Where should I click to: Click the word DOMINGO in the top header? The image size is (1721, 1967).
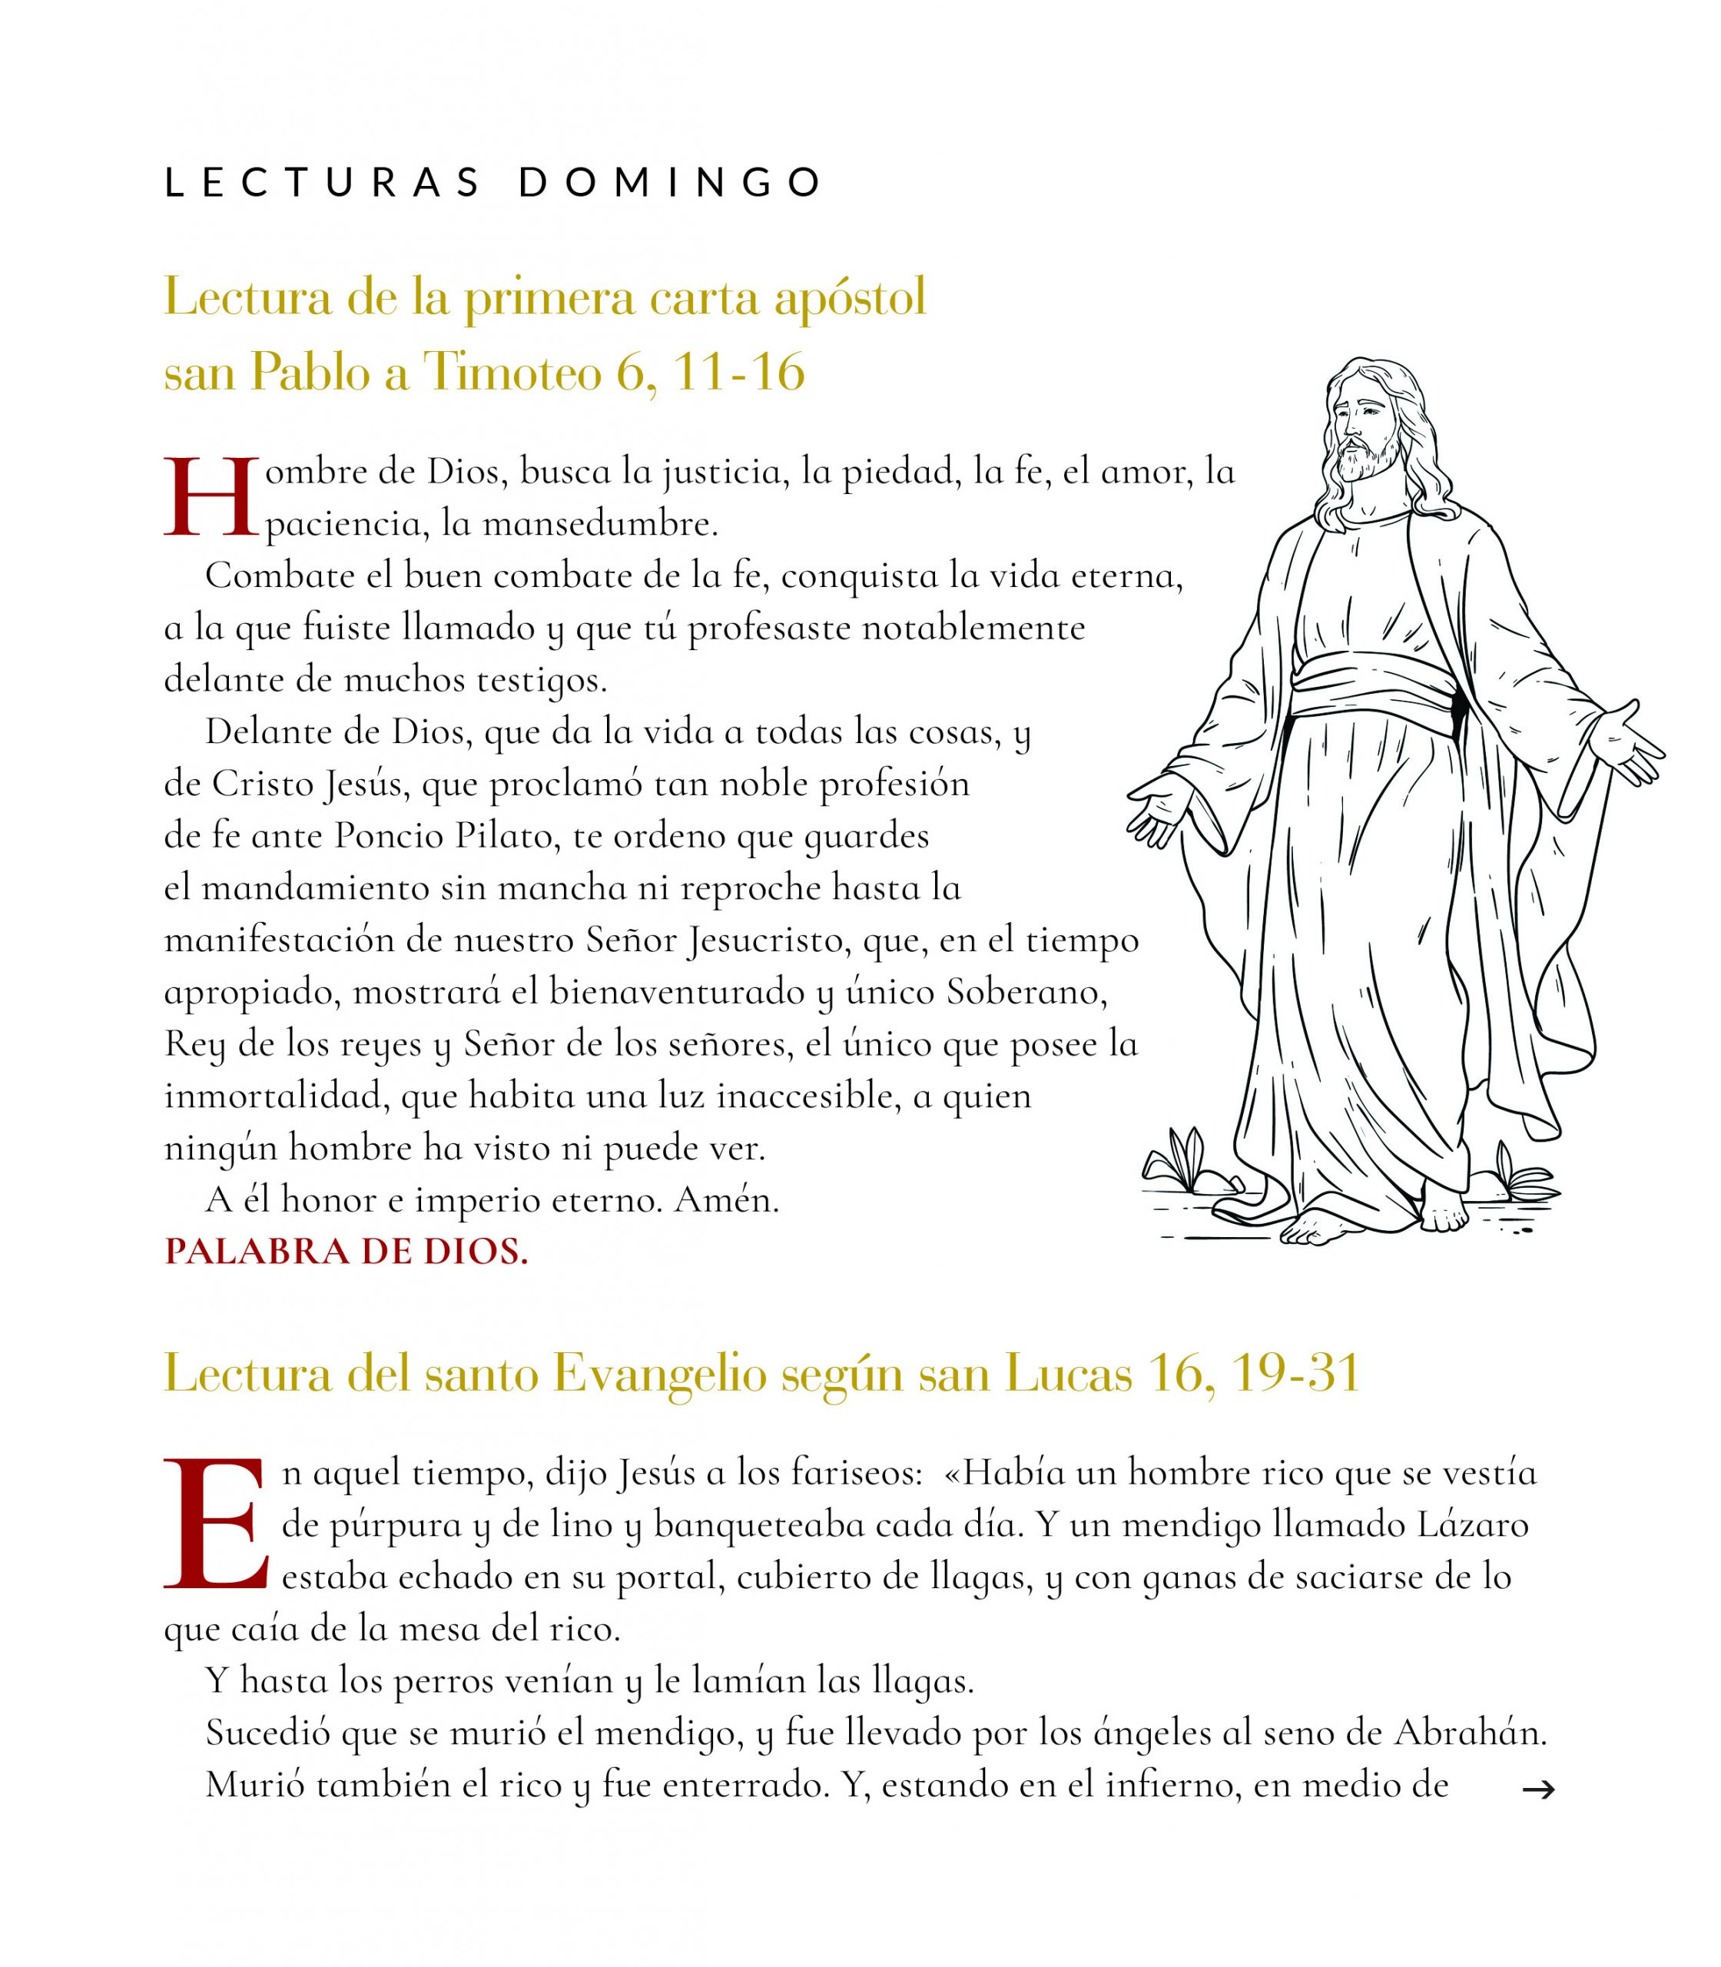click(x=670, y=183)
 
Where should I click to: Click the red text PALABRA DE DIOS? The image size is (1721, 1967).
click(x=347, y=1252)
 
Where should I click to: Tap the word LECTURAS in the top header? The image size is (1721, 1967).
click(x=323, y=183)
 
